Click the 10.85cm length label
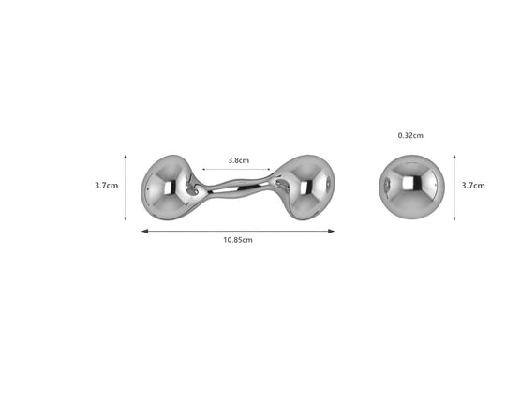(237, 240)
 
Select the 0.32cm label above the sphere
(410, 135)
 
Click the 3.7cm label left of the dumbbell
(106, 186)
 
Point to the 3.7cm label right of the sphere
(473, 186)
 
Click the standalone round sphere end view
(409, 186)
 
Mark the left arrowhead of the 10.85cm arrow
(143, 230)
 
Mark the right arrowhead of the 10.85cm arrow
(333, 230)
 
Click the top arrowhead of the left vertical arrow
(126, 154)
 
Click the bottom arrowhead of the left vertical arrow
(126, 219)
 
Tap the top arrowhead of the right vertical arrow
(454, 154)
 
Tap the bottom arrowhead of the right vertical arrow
(454, 218)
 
